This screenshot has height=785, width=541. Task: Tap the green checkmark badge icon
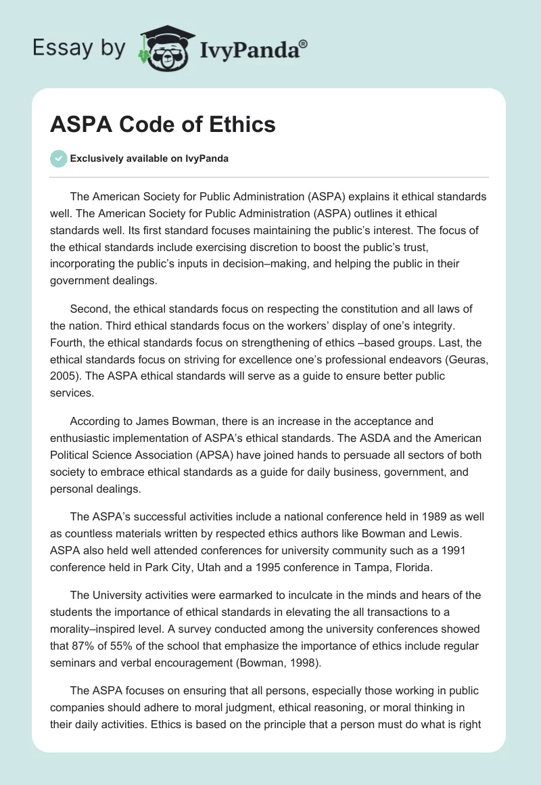tap(58, 158)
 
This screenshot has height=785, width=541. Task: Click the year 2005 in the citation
tap(62, 376)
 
